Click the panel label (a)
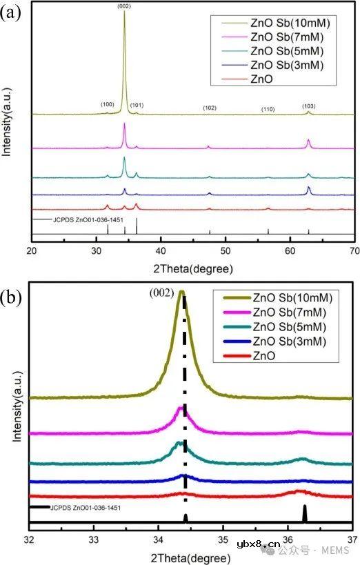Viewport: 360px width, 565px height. (11, 13)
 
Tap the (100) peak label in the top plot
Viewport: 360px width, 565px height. (107, 104)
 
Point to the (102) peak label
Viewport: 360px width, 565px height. (210, 108)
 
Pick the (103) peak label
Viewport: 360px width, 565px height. (309, 106)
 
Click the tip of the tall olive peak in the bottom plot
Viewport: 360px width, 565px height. (181, 292)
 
